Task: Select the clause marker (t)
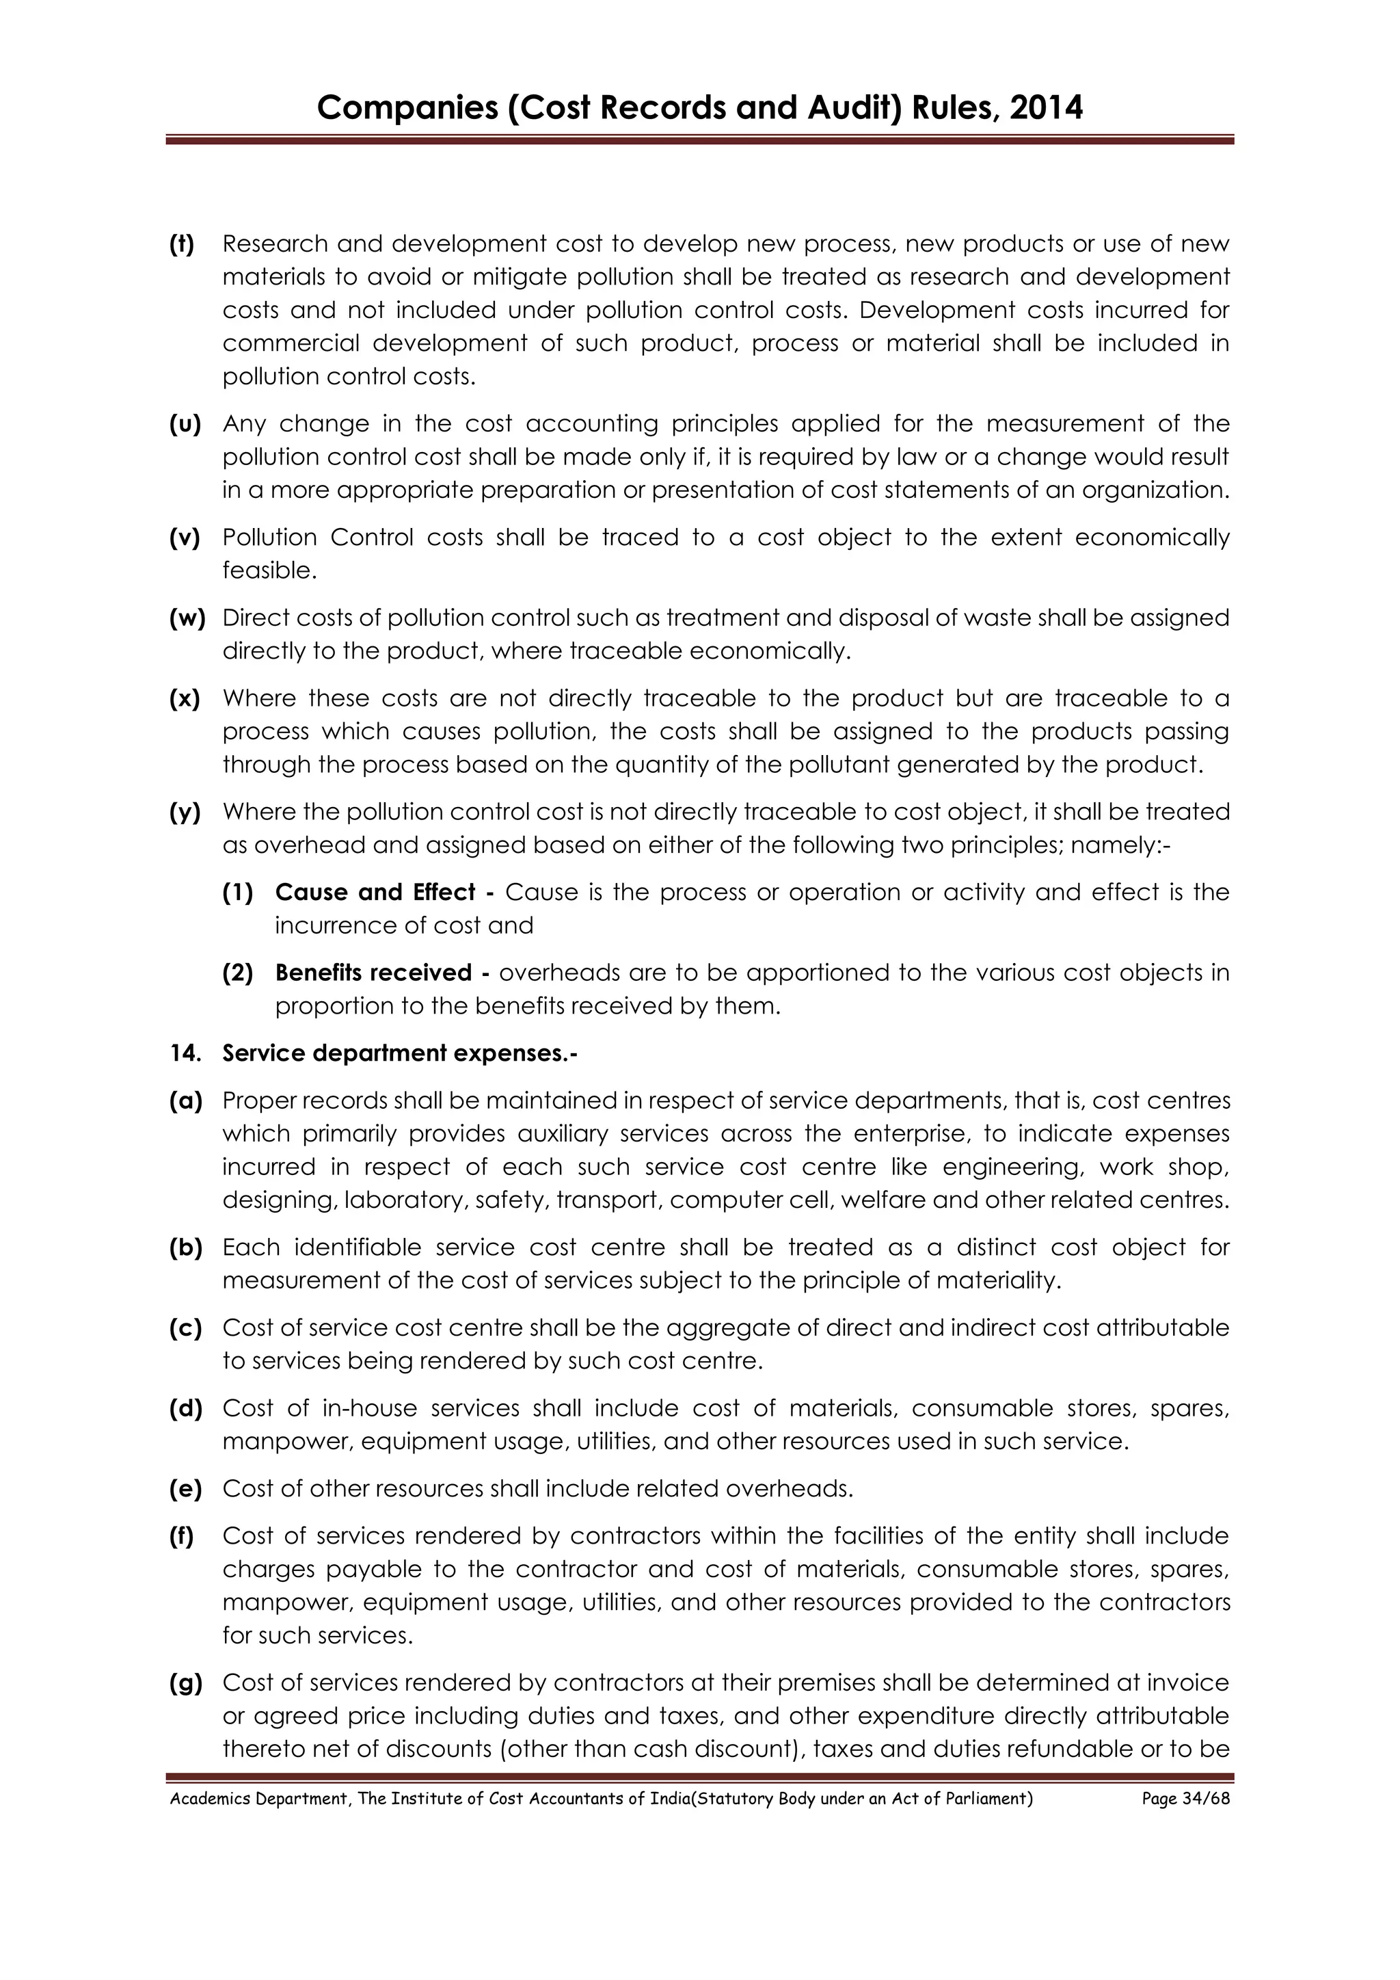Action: click(x=182, y=244)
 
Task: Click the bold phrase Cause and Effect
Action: click(x=376, y=892)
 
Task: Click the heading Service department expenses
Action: click(x=400, y=1053)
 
